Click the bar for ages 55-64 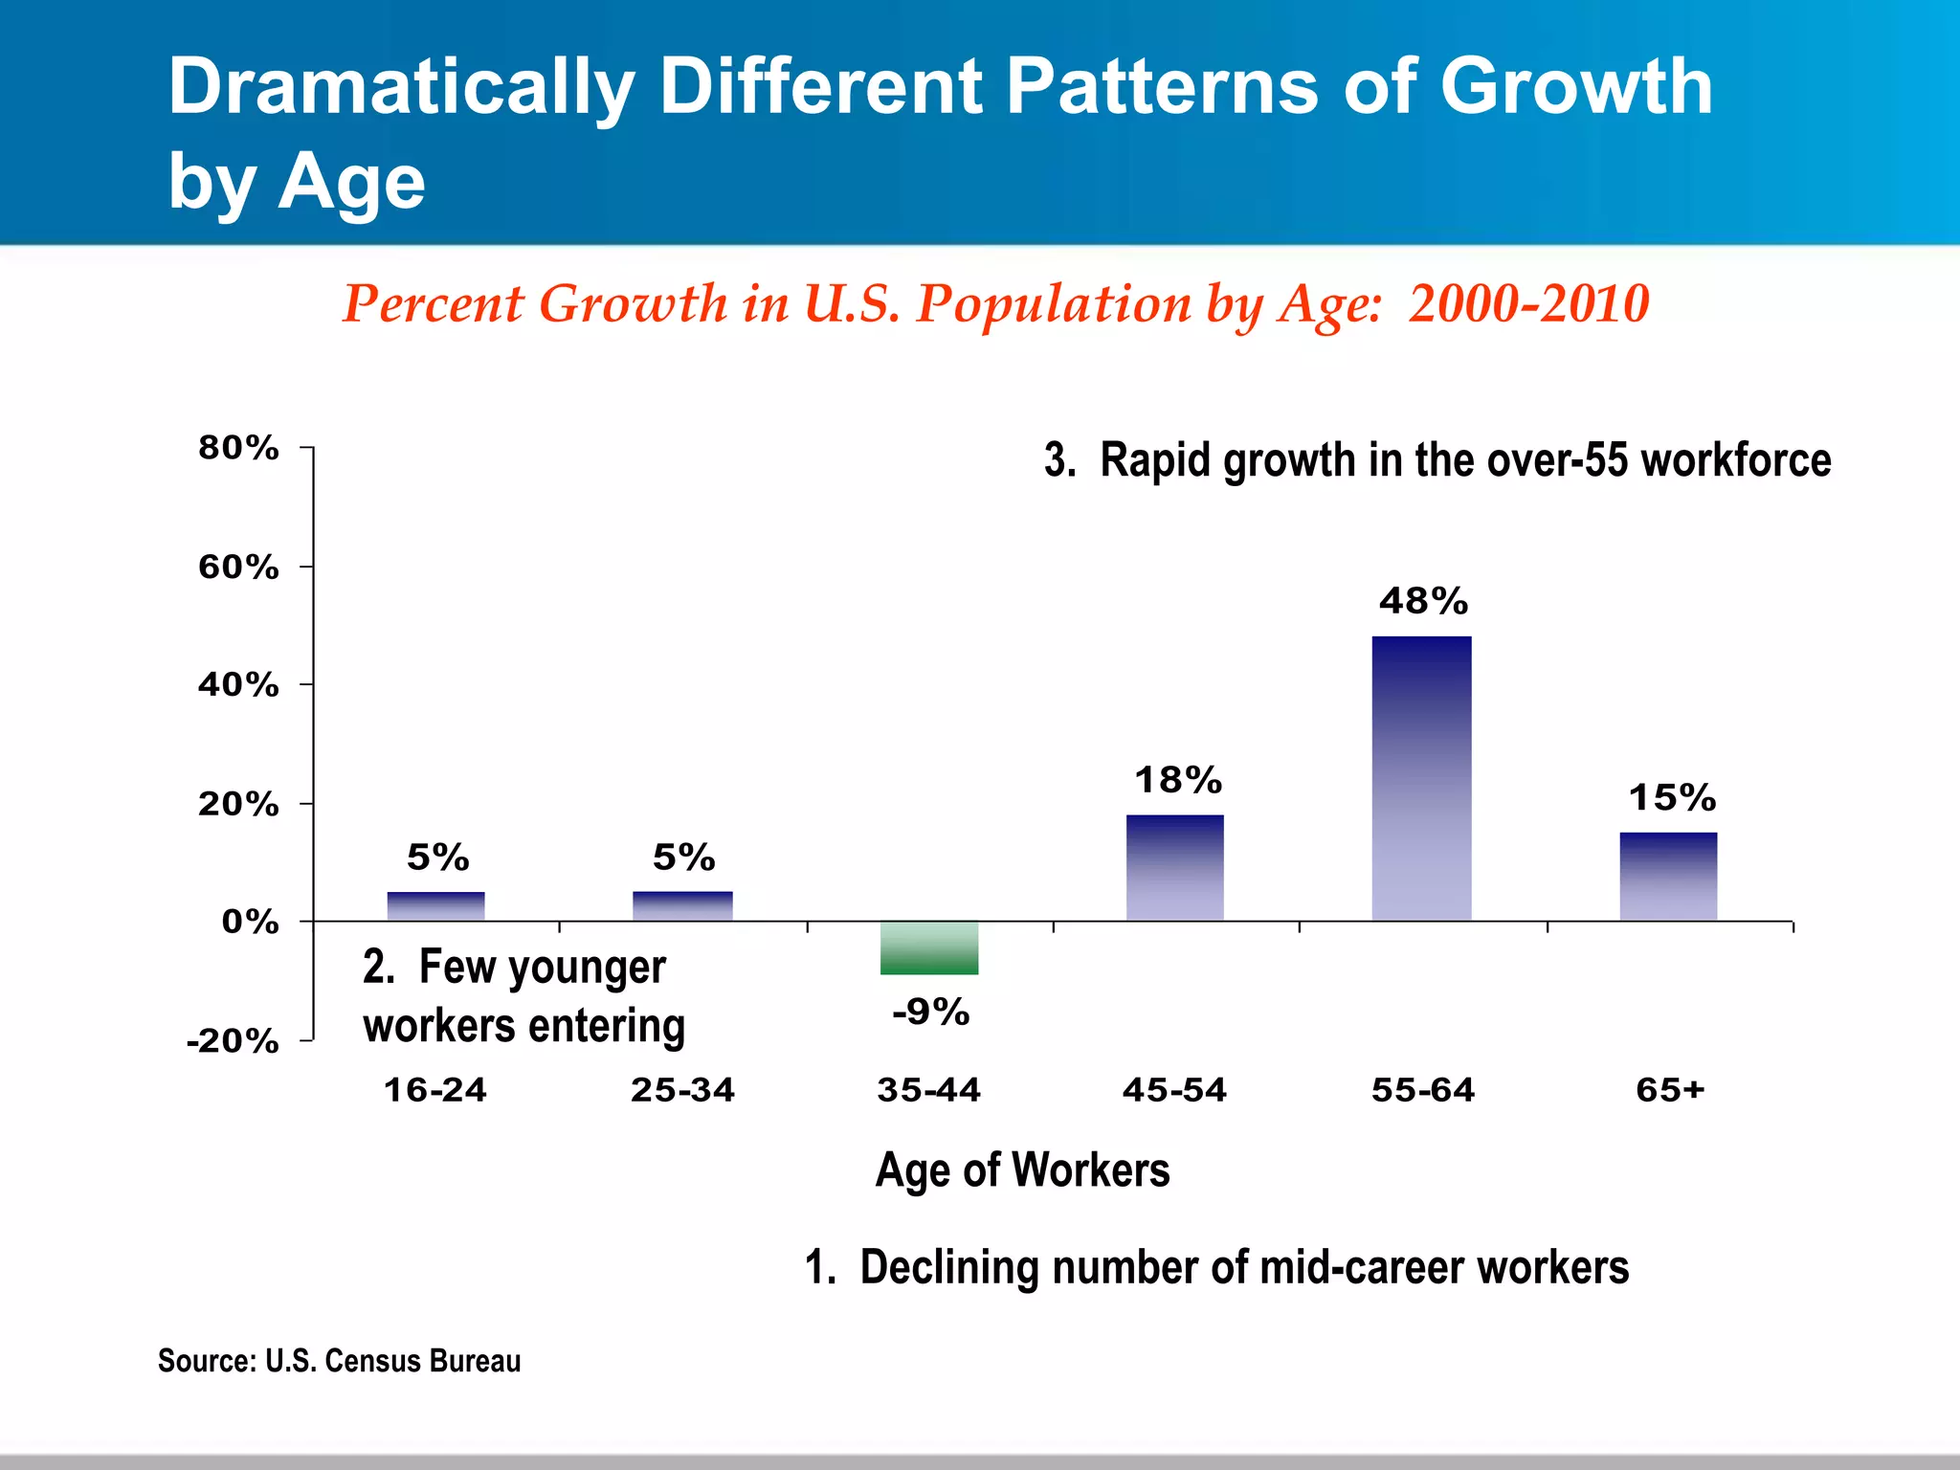(1421, 777)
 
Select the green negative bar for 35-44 (929, 947)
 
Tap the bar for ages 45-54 (1174, 867)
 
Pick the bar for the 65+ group (1668, 876)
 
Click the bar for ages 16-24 (435, 905)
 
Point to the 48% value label (1423, 601)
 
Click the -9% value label (930, 1012)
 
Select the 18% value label (1177, 780)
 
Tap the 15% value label (1672, 797)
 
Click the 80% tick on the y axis (238, 448)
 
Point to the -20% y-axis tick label (233, 1041)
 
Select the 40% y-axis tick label (238, 685)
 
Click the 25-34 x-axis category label (682, 1090)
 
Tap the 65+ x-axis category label (1670, 1090)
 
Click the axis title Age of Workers (1022, 1169)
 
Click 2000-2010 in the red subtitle (1528, 303)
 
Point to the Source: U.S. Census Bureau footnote (339, 1360)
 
